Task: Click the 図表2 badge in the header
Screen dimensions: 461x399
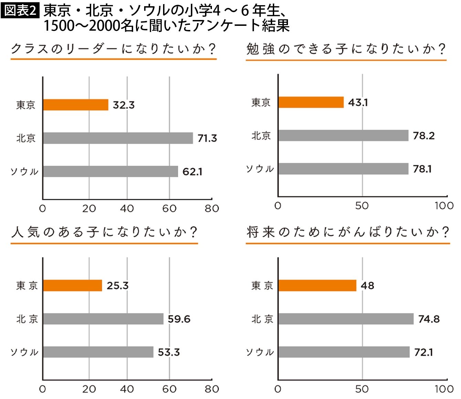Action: (20, 10)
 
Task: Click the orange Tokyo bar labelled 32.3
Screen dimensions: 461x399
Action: (76, 105)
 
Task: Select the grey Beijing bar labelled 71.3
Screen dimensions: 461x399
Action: (118, 138)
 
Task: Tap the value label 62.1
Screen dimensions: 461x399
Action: (192, 172)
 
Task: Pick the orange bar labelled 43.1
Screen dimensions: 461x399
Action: (311, 102)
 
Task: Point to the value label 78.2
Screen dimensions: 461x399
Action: (424, 136)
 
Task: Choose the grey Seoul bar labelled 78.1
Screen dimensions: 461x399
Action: (343, 169)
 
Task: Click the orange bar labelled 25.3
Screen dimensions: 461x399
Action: (73, 286)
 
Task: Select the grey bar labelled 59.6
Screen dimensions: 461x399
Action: (103, 319)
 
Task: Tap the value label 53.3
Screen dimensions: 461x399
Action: (169, 352)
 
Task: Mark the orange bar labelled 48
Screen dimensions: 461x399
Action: (318, 286)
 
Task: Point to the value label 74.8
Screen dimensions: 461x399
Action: (429, 319)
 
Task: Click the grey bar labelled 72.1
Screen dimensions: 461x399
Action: (344, 352)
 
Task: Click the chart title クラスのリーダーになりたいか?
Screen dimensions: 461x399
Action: (114, 49)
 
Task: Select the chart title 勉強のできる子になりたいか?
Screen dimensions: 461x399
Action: (346, 49)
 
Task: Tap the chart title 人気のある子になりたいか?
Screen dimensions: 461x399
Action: (104, 232)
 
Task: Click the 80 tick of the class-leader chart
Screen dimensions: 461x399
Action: (212, 209)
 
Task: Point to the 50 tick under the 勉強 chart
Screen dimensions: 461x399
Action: (362, 206)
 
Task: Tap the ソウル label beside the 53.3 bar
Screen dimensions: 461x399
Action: (24, 352)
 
